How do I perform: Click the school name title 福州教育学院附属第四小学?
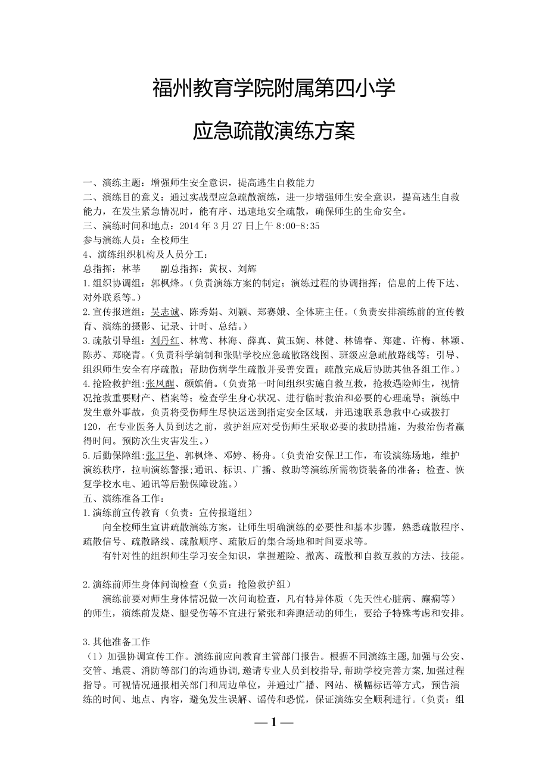coord(274,90)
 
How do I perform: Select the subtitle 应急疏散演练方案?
coord(274,131)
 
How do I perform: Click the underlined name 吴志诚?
coord(165,311)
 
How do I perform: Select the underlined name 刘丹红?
coord(165,340)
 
